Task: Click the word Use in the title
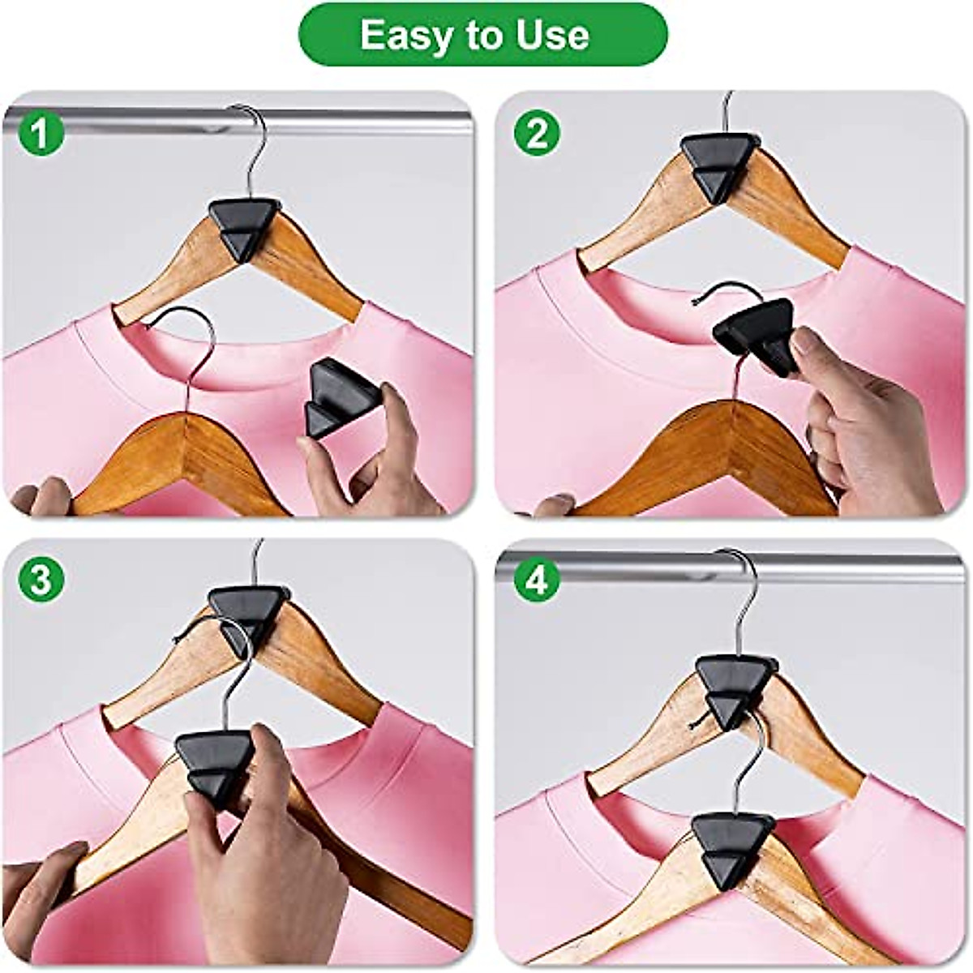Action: coord(555,36)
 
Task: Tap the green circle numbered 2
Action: coord(536,135)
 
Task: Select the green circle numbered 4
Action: coord(536,581)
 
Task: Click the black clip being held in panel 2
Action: coord(756,332)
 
